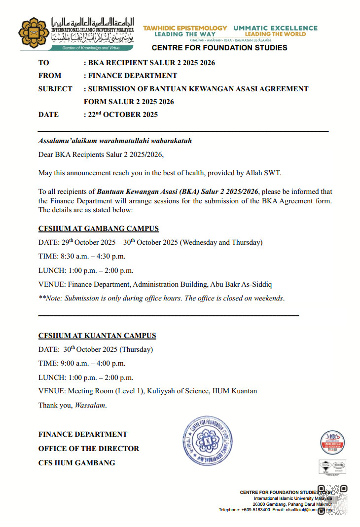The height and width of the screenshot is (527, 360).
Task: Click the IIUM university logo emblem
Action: click(x=34, y=34)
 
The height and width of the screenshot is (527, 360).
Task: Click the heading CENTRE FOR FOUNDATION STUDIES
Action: click(x=219, y=48)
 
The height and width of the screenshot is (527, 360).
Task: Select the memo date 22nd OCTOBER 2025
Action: click(x=123, y=114)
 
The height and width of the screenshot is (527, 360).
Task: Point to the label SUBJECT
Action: click(x=55, y=89)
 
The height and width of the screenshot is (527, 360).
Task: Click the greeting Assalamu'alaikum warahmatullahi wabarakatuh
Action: click(x=115, y=141)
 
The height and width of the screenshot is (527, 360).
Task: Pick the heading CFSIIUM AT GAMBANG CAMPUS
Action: click(x=99, y=229)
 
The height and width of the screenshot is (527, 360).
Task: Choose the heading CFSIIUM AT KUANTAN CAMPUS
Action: click(x=97, y=336)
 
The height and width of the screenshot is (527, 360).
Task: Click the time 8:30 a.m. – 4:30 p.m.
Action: click(x=93, y=256)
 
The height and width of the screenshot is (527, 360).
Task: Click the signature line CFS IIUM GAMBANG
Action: click(x=76, y=463)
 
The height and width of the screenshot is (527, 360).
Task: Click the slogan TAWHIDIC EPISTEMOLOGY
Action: click(x=185, y=28)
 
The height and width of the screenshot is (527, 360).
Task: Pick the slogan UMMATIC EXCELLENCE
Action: click(x=275, y=28)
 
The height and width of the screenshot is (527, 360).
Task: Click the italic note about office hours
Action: click(x=161, y=298)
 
